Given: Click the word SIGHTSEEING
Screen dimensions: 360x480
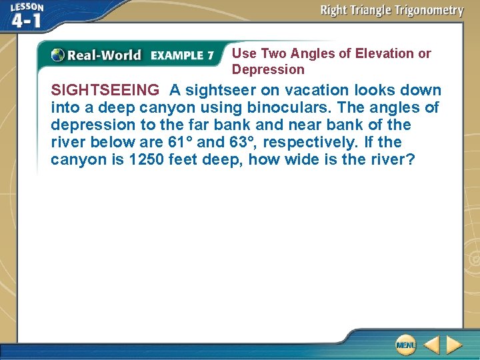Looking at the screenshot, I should click(105, 90).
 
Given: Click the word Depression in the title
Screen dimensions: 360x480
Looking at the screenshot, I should click(268, 69).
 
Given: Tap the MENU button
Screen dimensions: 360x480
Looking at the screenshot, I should click(405, 344).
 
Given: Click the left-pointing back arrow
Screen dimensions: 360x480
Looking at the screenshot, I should click(431, 344).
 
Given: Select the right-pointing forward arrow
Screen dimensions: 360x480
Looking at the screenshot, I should click(455, 344).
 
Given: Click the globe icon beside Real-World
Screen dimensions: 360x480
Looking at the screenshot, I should click(58, 55).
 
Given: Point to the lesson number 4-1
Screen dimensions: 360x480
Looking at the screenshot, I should click(26, 21).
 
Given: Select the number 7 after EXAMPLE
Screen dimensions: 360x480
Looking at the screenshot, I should click(210, 55).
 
